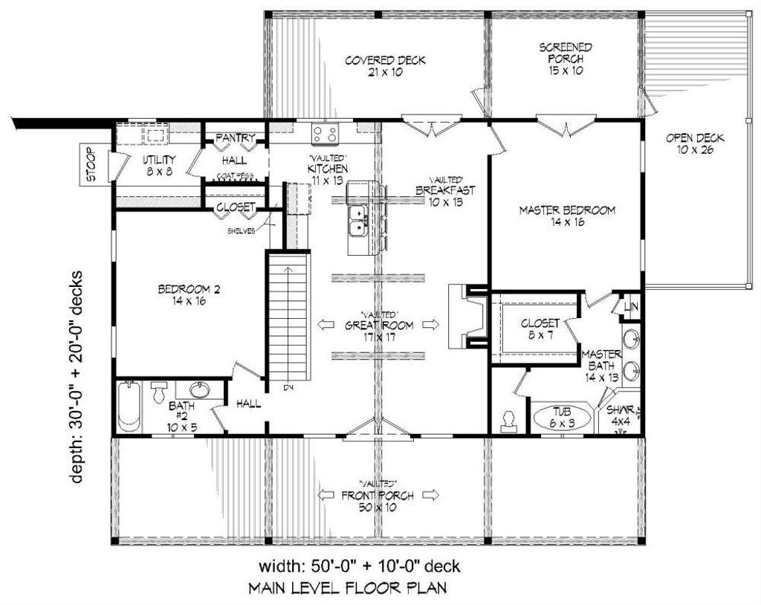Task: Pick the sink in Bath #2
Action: [x=198, y=390]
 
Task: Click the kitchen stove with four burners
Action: [x=325, y=134]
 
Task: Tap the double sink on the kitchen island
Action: [x=357, y=219]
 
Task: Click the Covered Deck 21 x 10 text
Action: [x=385, y=65]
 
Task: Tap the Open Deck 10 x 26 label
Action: [x=694, y=143]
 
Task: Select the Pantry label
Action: [x=236, y=138]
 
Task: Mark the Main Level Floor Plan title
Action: [x=347, y=589]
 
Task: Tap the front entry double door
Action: [x=378, y=428]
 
